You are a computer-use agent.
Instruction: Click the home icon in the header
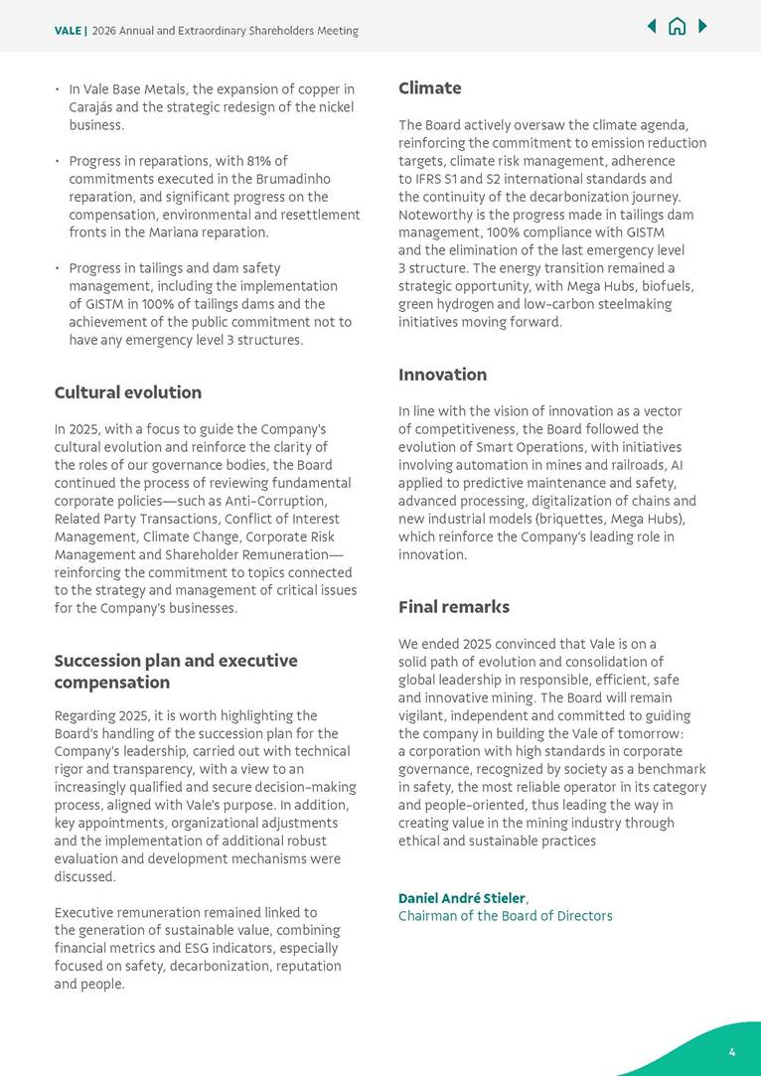[677, 27]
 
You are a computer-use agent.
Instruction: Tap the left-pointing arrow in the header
[652, 27]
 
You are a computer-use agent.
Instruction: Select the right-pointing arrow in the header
[702, 27]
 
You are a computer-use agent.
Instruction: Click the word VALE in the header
[68, 31]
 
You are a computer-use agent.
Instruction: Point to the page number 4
[732, 1052]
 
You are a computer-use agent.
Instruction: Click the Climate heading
[429, 88]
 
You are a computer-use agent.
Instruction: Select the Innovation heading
[442, 375]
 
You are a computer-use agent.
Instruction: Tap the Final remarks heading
[453, 607]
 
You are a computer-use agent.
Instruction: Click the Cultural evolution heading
[127, 392]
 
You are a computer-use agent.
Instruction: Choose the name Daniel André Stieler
[461, 898]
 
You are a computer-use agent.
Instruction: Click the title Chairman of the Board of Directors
[505, 916]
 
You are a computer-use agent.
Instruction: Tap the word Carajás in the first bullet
[94, 107]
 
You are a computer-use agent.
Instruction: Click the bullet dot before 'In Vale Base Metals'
[58, 90]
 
